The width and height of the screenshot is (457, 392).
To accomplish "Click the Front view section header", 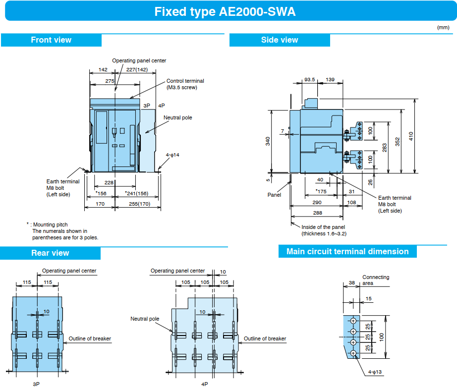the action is click(x=51, y=40).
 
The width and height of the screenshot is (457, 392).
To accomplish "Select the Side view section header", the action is click(x=280, y=40).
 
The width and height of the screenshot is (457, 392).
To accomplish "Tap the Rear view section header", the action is click(x=50, y=253).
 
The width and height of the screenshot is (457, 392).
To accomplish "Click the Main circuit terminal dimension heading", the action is click(x=347, y=252).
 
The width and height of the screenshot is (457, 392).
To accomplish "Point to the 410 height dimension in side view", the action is click(x=411, y=136).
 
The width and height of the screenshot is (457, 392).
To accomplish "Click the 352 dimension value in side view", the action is click(x=398, y=142).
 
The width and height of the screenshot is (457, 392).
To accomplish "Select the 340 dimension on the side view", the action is click(x=268, y=141).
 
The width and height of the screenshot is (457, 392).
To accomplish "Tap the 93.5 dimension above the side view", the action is click(x=309, y=80).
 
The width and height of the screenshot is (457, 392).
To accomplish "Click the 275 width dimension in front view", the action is click(x=110, y=81).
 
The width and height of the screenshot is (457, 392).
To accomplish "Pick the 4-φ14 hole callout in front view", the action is click(x=172, y=155).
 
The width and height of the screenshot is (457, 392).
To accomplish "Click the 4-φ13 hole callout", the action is click(x=375, y=372).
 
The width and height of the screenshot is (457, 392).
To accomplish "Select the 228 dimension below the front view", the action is click(x=109, y=183).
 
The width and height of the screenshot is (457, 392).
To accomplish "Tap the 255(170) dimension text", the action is click(x=140, y=204).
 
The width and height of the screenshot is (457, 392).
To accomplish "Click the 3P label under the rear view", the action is click(x=36, y=384).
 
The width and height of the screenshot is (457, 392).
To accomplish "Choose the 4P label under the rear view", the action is click(x=205, y=384).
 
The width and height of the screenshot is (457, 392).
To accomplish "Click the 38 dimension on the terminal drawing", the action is click(x=352, y=282).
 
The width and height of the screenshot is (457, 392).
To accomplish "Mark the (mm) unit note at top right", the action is click(x=443, y=27).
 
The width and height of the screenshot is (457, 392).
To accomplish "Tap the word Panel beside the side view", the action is click(x=274, y=195).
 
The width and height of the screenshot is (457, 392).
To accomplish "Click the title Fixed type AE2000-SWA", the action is click(x=225, y=12).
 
